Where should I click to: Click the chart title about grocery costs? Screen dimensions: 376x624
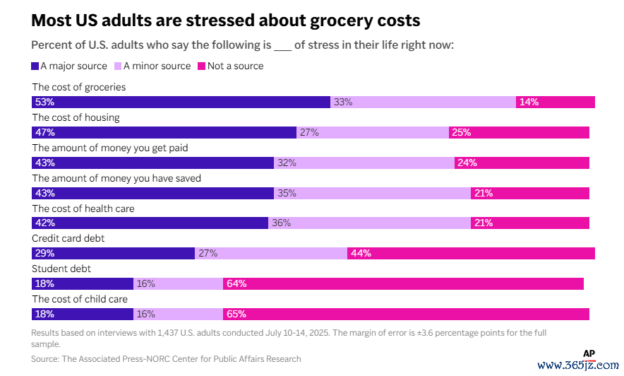[226, 19]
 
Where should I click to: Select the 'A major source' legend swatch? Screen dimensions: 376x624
[35, 66]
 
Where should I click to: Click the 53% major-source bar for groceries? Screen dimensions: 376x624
[181, 102]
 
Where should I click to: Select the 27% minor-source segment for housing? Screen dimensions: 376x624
[372, 132]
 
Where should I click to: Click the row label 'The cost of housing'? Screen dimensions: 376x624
[76, 117]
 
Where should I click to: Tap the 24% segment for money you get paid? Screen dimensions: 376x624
[522, 163]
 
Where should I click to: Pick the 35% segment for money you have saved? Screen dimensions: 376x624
[372, 193]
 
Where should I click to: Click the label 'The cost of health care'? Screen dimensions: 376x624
[83, 208]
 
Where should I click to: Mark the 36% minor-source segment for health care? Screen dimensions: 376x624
[369, 223]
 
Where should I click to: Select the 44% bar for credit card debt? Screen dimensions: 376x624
[471, 253]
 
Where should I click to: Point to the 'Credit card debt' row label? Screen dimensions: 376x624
[68, 239]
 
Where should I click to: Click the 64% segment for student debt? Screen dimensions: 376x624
[403, 283]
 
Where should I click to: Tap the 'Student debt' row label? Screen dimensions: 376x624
[61, 269]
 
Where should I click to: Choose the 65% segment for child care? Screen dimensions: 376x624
[406, 314]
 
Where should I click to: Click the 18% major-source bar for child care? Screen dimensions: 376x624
[83, 314]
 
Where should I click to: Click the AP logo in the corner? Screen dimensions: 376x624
[589, 353]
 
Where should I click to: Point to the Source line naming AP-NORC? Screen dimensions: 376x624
[166, 359]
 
